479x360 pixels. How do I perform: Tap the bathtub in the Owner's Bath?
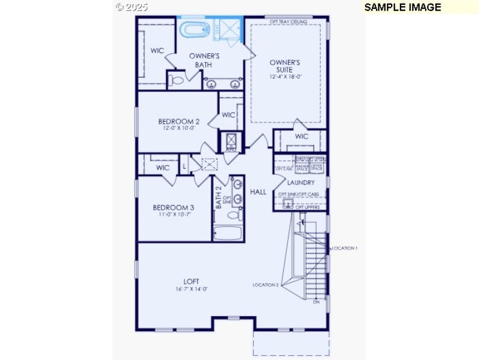[193, 29]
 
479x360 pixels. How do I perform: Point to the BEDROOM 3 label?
[174, 207]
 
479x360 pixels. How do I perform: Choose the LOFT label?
[192, 281]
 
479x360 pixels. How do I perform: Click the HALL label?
[258, 192]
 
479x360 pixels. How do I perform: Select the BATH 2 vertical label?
[219, 197]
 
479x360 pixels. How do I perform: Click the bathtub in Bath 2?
[227, 232]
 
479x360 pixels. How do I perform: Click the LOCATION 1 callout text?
[345, 248]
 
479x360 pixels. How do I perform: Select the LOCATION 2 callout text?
[265, 285]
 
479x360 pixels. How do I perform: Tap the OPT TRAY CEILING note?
[288, 22]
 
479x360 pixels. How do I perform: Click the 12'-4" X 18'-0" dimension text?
[285, 76]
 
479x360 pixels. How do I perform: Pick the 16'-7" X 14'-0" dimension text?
[192, 289]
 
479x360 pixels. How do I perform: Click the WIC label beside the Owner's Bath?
[157, 51]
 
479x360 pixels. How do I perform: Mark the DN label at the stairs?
[316, 302]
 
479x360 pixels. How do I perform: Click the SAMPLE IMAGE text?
[402, 7]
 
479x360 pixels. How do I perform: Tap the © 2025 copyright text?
[131, 7]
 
